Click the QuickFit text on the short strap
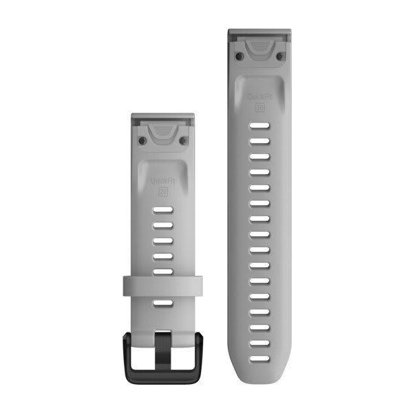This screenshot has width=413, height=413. (x=162, y=182)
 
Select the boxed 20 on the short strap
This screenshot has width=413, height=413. (x=163, y=192)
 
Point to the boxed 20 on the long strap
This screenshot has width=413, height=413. (x=260, y=108)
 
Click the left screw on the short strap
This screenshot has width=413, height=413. (x=142, y=140)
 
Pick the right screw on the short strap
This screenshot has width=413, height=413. (x=183, y=140)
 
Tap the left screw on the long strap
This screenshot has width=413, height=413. (x=238, y=56)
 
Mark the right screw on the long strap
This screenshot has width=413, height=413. (x=282, y=56)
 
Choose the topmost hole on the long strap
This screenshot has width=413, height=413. (x=260, y=126)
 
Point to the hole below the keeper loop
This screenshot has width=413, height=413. (x=162, y=303)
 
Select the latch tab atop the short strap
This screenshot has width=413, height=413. (x=162, y=125)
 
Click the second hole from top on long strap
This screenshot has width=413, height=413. (x=260, y=141)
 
